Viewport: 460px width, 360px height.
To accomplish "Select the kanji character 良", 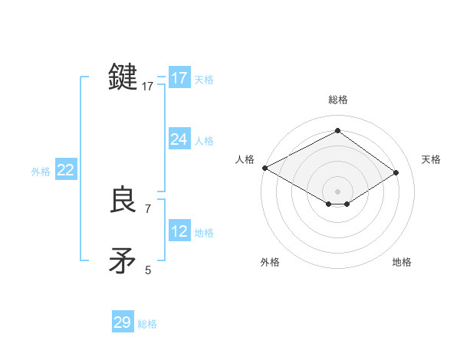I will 123,201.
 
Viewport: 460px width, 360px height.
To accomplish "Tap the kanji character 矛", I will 123,260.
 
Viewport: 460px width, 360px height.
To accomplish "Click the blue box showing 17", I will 179,78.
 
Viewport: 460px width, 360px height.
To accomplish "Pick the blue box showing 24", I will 179,139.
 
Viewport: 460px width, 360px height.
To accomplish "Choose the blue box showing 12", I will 179,231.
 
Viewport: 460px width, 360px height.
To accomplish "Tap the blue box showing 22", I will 65,170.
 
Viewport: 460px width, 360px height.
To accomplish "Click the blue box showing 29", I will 123,322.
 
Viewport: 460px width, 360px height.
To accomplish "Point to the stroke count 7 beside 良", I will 148,208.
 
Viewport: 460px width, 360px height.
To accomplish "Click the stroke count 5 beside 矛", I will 148,270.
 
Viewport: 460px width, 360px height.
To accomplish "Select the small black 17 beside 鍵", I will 148,87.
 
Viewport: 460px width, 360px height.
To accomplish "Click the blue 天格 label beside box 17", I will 204,80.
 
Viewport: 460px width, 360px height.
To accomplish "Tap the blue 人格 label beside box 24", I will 204,141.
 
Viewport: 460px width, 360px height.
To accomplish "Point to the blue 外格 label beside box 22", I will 41,172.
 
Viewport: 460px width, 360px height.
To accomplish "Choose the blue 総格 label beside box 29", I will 147,324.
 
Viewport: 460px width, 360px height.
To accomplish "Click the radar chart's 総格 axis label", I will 337,100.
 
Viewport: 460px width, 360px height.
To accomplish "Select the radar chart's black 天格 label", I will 431,159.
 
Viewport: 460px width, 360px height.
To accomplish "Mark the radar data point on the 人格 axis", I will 264,168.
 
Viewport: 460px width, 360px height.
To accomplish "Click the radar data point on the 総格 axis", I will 337,131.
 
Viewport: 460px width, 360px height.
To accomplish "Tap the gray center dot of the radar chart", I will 337,191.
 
